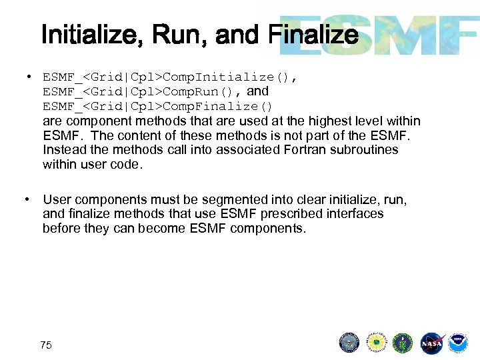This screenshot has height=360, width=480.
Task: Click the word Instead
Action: pos(65,150)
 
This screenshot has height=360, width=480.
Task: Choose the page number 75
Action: pos(46,345)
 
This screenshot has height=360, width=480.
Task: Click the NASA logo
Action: pos(431,343)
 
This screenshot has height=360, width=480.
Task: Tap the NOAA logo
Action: pos(457,343)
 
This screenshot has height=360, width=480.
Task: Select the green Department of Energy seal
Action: pos(403,343)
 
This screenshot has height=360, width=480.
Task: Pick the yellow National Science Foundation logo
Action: pos(377,343)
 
